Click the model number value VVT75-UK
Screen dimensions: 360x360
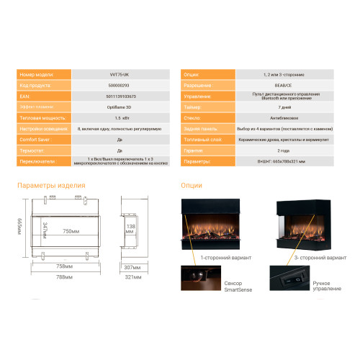[117, 74]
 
